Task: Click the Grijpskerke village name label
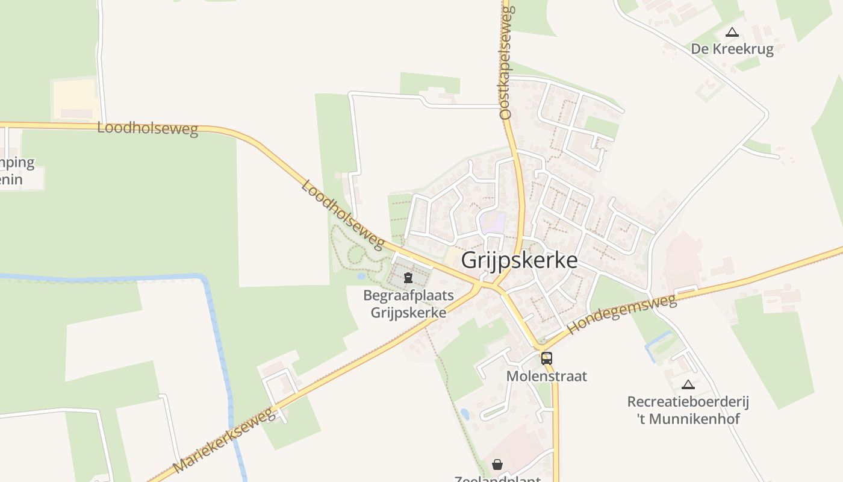click(519, 260)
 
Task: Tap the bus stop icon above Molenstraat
click(546, 358)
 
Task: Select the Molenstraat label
click(546, 377)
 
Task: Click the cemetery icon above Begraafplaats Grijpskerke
click(408, 278)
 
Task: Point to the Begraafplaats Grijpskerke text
click(408, 304)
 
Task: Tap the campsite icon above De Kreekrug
click(732, 33)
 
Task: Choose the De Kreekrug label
click(732, 49)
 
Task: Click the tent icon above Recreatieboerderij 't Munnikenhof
click(688, 384)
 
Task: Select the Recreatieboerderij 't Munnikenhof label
click(688, 410)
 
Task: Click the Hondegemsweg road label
click(622, 315)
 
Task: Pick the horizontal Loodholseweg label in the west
click(148, 128)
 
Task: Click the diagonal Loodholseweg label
click(342, 214)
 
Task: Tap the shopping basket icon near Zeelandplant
click(497, 465)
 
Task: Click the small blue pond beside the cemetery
click(361, 276)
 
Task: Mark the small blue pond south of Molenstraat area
click(464, 414)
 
